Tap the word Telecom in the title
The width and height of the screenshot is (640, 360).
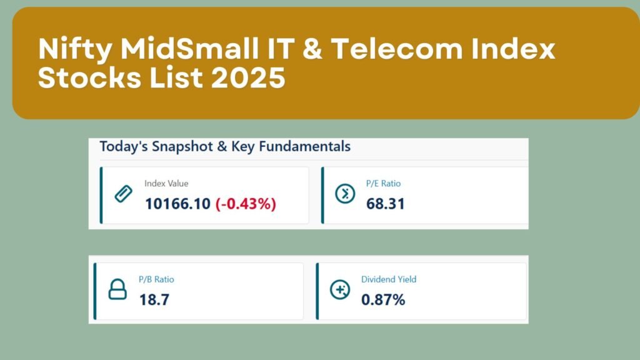point(396,48)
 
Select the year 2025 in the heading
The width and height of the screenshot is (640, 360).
point(247,77)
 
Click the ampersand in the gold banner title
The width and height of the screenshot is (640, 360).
point(312,49)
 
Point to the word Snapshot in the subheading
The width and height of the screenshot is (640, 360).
point(182,146)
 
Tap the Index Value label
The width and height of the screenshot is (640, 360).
point(166,183)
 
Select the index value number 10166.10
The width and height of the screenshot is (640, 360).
point(177,204)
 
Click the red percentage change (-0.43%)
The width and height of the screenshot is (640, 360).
point(246,204)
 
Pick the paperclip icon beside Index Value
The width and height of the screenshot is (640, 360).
point(123,194)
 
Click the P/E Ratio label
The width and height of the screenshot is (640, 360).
point(383,183)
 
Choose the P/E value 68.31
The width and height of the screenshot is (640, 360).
point(385,204)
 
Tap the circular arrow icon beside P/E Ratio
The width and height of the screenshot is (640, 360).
point(345,194)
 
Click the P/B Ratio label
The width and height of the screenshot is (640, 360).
point(156,279)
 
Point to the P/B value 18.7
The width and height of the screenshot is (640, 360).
point(154,300)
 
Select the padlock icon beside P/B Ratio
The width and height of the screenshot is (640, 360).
point(117,289)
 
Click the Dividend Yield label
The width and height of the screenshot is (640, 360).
point(389,279)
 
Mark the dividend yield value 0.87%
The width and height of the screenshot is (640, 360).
point(383,300)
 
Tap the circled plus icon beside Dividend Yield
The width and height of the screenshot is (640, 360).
point(340,289)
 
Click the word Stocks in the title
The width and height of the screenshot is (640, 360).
point(89,77)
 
